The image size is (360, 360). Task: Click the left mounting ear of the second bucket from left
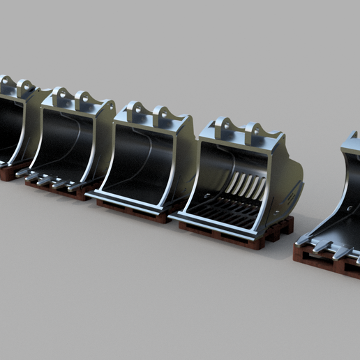coord(59,97)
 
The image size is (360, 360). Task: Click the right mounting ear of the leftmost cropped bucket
coord(27,87)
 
